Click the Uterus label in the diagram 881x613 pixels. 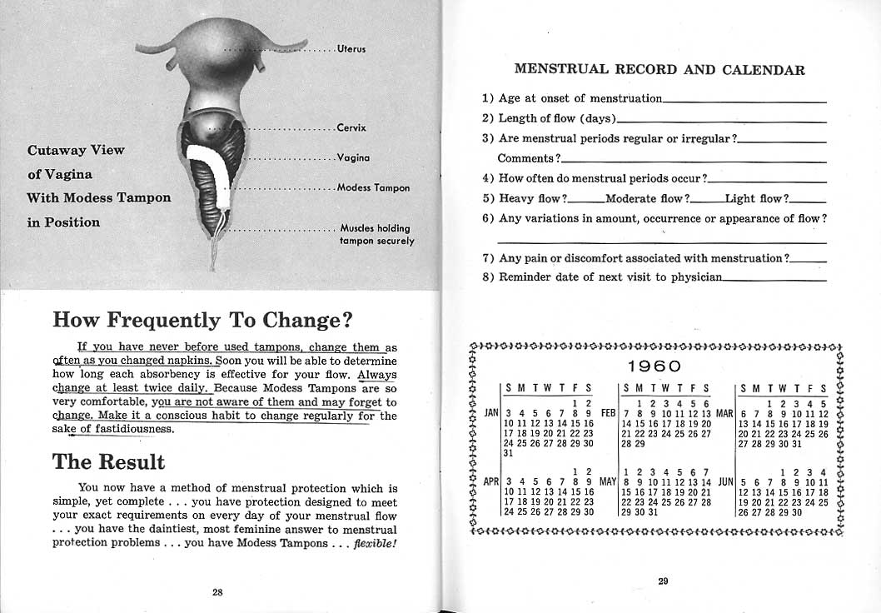click(x=351, y=48)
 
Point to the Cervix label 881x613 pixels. click(x=351, y=128)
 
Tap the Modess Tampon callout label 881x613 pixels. click(x=373, y=187)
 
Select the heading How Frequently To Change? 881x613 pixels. click(x=202, y=320)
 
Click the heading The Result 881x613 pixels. click(x=108, y=461)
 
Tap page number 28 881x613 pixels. click(x=217, y=592)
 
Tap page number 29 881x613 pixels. click(x=663, y=581)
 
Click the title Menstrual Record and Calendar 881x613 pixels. click(x=660, y=70)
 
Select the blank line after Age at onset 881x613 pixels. click(x=744, y=100)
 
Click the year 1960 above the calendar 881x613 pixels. click(x=655, y=366)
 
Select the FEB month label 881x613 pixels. click(x=608, y=412)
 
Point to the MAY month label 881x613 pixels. click(x=607, y=481)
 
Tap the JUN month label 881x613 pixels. click(x=724, y=481)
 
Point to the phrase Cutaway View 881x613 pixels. click(x=76, y=150)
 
